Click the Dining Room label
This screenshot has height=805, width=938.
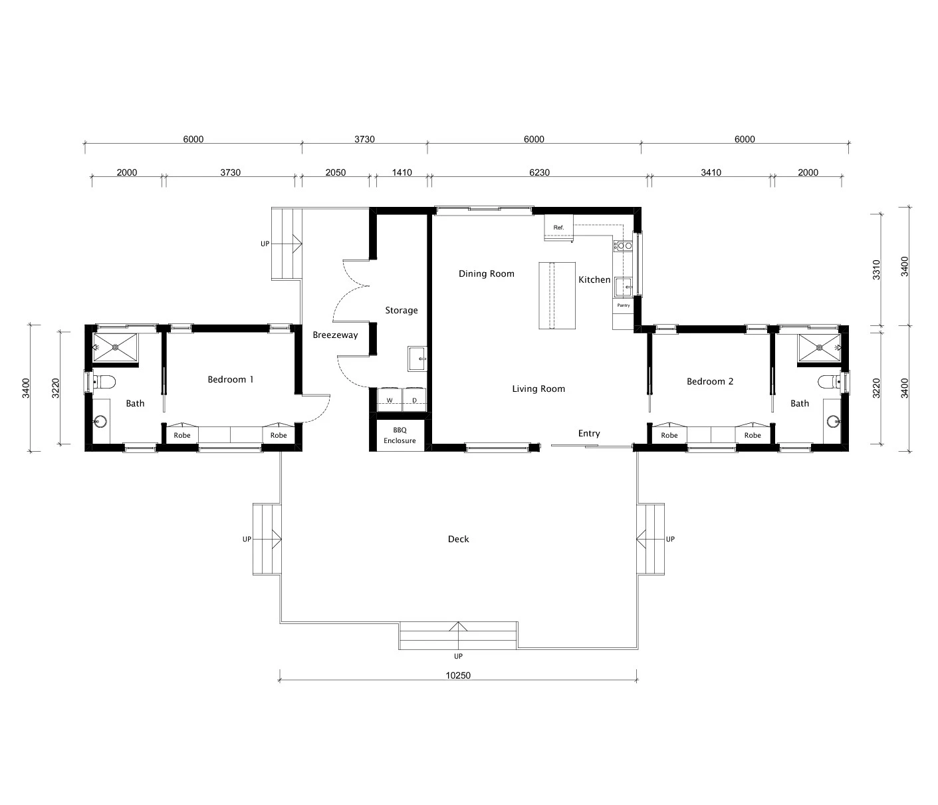point(486,273)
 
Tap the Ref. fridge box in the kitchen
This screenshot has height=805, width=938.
point(558,228)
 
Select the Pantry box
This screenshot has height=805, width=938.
point(623,305)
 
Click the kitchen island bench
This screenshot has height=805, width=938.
point(556,295)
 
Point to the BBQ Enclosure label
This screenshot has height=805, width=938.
point(400,436)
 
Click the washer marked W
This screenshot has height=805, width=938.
point(390,400)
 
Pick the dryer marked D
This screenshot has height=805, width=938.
point(414,400)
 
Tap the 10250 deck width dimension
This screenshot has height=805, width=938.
point(457,675)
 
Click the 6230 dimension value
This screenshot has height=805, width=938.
point(538,172)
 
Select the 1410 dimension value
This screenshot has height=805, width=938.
point(402,172)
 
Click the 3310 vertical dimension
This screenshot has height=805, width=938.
point(876,269)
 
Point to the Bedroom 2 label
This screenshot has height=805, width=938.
point(709,381)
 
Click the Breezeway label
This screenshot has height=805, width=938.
point(335,335)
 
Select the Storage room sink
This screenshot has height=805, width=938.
point(417,358)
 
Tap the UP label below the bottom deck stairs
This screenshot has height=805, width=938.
point(458,656)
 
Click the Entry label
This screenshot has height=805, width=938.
point(588,433)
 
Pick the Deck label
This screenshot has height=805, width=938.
point(458,539)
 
